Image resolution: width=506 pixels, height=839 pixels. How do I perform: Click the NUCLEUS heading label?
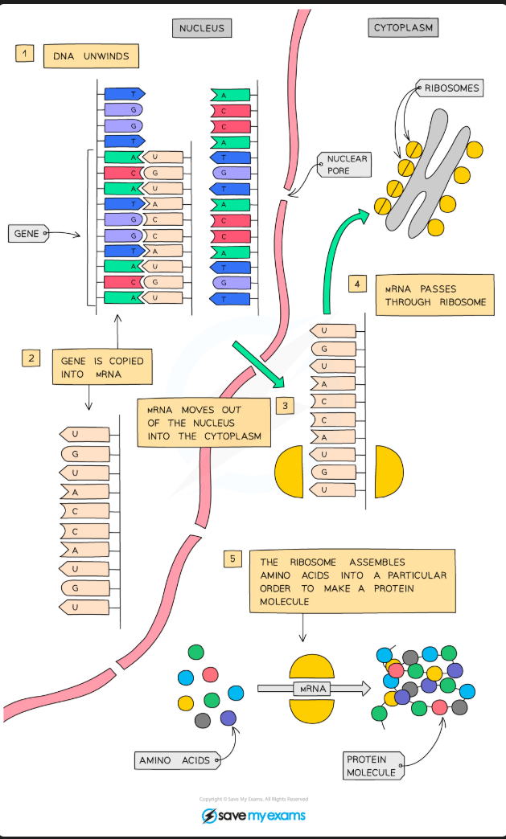click(x=201, y=28)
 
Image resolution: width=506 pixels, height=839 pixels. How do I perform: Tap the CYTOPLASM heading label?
click(x=403, y=28)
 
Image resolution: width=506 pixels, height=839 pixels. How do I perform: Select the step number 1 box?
click(x=25, y=54)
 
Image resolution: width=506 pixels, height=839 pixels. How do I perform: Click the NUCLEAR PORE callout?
click(x=347, y=165)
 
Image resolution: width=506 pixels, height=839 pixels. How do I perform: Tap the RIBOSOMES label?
click(x=450, y=88)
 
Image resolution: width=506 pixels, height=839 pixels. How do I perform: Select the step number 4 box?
click(x=359, y=284)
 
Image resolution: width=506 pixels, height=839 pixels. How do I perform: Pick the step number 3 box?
click(x=285, y=406)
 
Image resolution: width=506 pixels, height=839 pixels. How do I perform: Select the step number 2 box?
click(x=31, y=358)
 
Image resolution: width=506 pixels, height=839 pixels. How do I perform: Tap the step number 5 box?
click(x=232, y=559)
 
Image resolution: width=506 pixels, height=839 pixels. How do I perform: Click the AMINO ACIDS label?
click(x=175, y=760)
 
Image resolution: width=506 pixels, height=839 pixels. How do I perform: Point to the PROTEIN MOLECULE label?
click(x=371, y=765)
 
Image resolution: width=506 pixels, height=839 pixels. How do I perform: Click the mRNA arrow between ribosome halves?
click(x=312, y=688)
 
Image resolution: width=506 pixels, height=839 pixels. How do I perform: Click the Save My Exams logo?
click(x=253, y=816)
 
